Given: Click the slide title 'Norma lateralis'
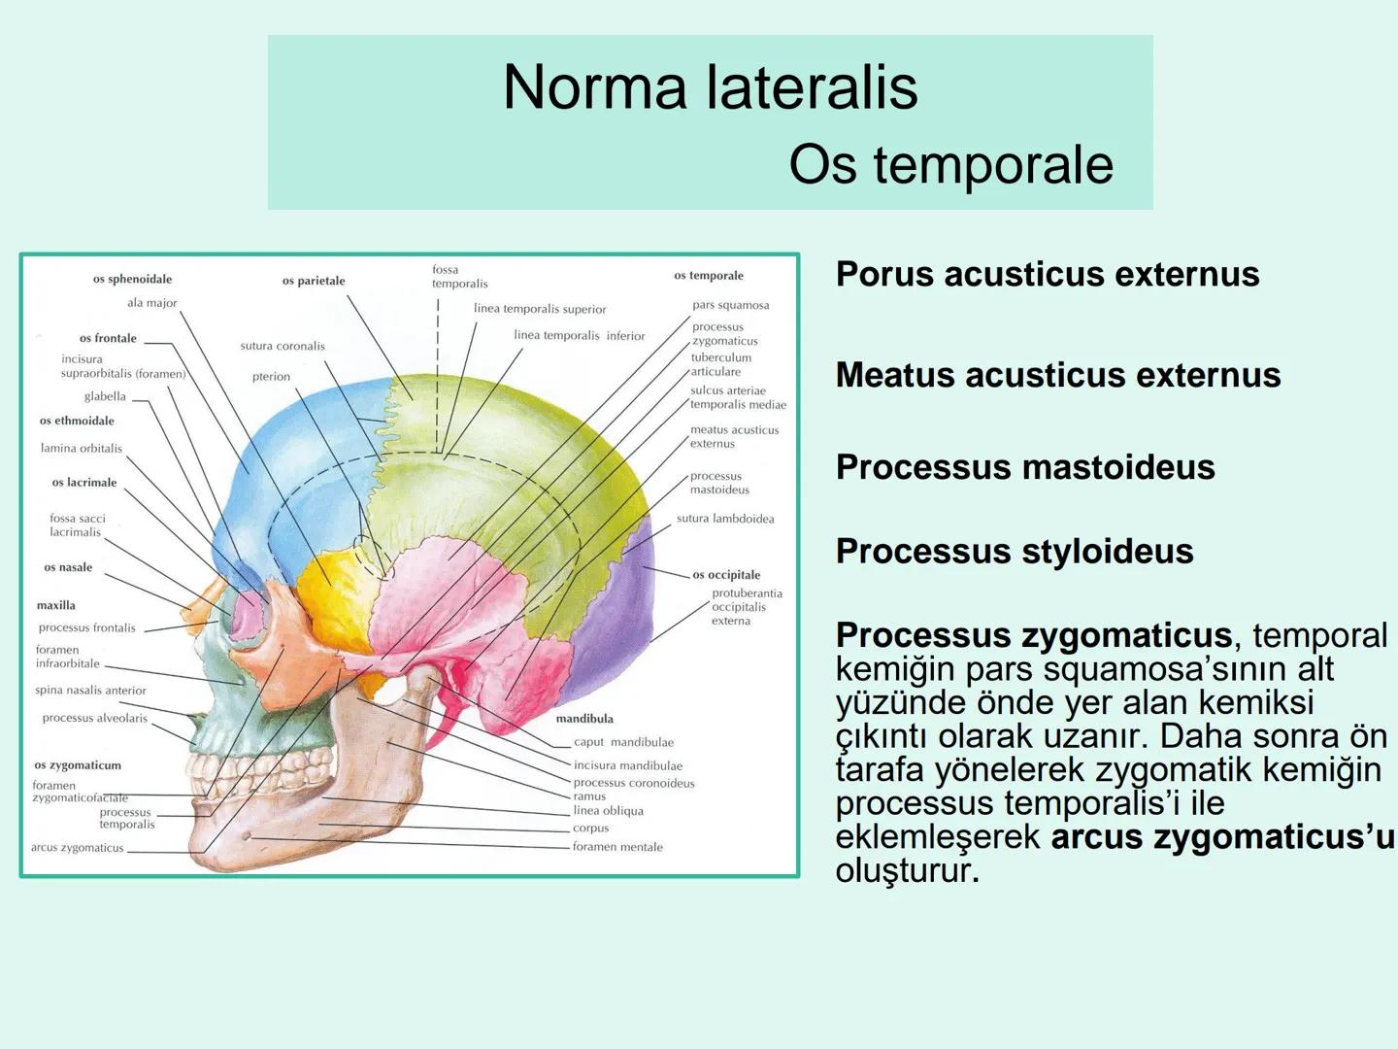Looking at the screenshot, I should pyautogui.click(x=710, y=86).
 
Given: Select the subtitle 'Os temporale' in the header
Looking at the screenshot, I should pyautogui.click(x=950, y=163).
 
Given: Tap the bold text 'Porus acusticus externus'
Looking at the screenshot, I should pyautogui.click(x=1048, y=274).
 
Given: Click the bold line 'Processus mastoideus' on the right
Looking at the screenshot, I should pyautogui.click(x=1025, y=467).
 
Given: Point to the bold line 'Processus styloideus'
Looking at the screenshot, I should pyautogui.click(x=1015, y=551).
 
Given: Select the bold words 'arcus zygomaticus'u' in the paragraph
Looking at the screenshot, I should pyautogui.click(x=1221, y=836).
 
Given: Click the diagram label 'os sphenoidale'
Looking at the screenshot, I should pyautogui.click(x=132, y=279).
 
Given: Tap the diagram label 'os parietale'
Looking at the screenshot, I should pyautogui.click(x=314, y=281).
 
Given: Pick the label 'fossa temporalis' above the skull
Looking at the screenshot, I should pyautogui.click(x=459, y=277).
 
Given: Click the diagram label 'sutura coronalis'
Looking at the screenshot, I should pyautogui.click(x=283, y=346).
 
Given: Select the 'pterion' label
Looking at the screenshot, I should pyautogui.click(x=271, y=377).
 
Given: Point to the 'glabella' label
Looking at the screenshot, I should pyautogui.click(x=105, y=396).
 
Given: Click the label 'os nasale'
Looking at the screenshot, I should pyautogui.click(x=68, y=567).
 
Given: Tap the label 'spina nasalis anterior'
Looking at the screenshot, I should pyautogui.click(x=90, y=691).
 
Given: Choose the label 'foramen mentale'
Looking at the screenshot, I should pyautogui.click(x=617, y=847).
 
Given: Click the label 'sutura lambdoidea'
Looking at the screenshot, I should pyautogui.click(x=725, y=519).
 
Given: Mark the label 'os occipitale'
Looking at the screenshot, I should pyautogui.click(x=726, y=575).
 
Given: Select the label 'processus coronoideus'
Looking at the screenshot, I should pyautogui.click(x=634, y=783).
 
